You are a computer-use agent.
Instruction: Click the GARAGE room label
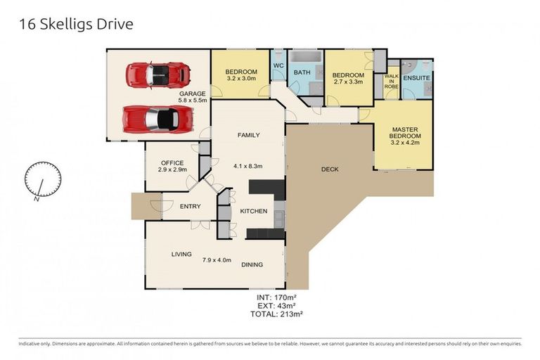coord(192,94)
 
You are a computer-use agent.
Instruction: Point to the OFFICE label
coord(172,162)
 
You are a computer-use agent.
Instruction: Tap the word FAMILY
coord(248,135)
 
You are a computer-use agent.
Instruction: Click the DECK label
coord(330,169)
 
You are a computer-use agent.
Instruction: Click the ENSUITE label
coord(416,78)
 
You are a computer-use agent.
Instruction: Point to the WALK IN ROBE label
coord(391,81)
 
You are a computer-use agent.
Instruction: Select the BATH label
coord(302,72)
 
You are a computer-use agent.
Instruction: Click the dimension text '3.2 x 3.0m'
coord(241,80)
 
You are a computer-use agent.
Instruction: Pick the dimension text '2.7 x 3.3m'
coord(348,82)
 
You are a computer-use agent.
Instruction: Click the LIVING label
coord(181,254)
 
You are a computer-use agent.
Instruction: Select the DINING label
coord(252,264)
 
